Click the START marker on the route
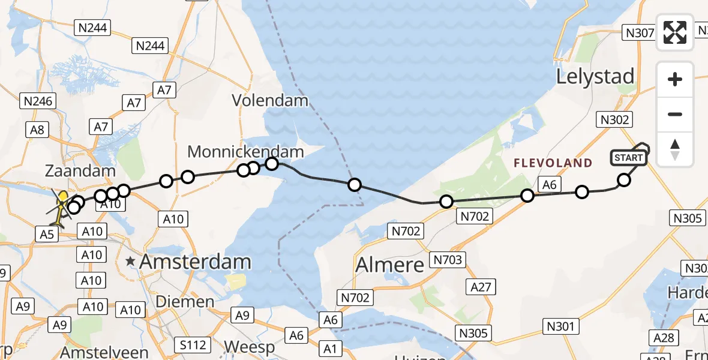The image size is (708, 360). (628, 158)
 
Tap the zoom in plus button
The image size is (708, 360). (675, 79)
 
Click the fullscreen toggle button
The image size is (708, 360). (675, 32)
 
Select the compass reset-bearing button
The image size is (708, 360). (675, 149)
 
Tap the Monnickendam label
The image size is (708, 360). (245, 151)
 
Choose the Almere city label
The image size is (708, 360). (390, 265)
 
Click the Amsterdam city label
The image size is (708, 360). (196, 262)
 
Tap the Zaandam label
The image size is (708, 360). (80, 171)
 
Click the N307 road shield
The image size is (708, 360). (639, 32)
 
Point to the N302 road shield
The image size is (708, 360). (614, 119)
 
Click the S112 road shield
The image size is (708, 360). (193, 344)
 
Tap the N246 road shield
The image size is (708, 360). (37, 101)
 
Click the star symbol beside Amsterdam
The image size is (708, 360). (130, 262)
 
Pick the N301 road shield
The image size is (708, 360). (561, 326)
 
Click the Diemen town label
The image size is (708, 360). (185, 301)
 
